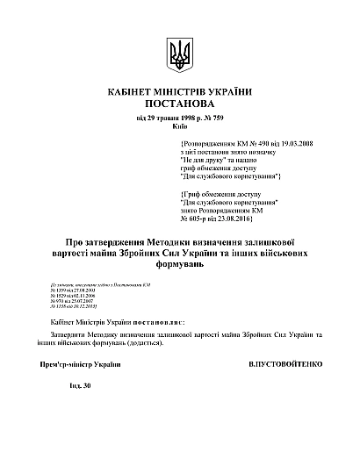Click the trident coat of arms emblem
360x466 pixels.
[x=179, y=56]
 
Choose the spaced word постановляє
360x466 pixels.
[x=160, y=323]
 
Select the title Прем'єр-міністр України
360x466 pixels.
[x=76, y=362]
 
